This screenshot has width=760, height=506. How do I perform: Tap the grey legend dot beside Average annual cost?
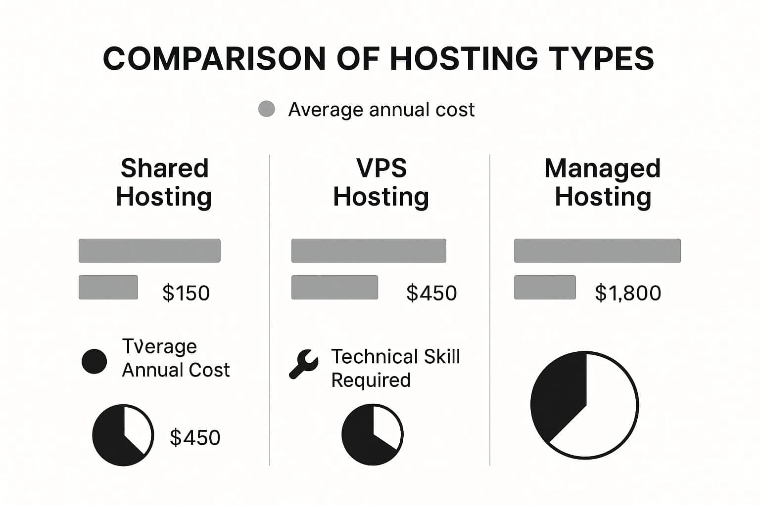point(267,109)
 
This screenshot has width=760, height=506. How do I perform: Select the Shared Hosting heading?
point(164,182)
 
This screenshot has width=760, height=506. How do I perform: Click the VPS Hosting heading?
point(381,182)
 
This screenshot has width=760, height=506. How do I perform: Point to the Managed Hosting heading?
point(603,182)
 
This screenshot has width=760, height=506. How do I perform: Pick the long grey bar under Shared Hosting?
point(149,251)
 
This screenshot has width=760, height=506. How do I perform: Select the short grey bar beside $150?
point(108,287)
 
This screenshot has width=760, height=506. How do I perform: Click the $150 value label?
point(186,293)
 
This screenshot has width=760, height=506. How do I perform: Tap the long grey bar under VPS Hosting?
point(369,251)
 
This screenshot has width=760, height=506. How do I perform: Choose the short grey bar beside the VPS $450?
point(334,287)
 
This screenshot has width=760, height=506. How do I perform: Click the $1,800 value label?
point(628,293)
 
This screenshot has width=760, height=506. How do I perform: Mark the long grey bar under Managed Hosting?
point(597,251)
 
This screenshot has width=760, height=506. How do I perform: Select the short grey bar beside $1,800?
point(545,287)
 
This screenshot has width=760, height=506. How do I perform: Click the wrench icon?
point(303,364)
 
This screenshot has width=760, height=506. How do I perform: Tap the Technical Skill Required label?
point(395,368)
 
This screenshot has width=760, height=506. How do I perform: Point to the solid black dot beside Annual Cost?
point(94,361)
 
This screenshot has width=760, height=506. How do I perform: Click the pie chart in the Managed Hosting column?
point(584,405)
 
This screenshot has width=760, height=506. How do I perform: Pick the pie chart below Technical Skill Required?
point(373,435)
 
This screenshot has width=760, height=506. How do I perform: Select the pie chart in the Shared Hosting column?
point(123,435)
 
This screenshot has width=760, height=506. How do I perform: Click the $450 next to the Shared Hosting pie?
point(195,438)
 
